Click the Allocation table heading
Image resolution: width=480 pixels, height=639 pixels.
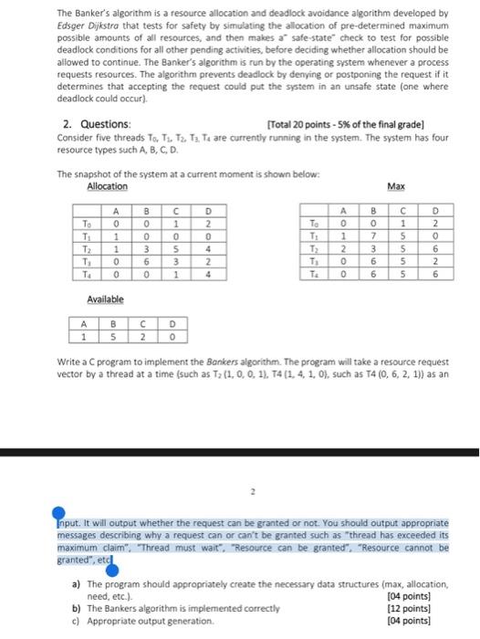click(107, 186)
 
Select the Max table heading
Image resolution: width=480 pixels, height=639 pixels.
click(395, 186)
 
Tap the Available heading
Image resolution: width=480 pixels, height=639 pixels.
click(106, 299)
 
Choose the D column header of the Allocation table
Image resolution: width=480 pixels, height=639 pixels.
click(208, 207)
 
